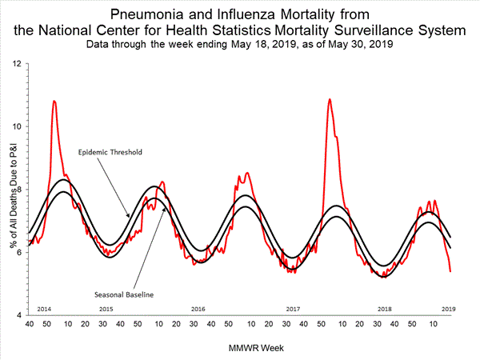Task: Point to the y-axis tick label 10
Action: point(18,126)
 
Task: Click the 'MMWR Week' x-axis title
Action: point(241,348)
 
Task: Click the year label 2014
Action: point(45,309)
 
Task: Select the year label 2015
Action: point(106,309)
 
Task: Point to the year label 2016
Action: point(198,309)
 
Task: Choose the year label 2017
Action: point(292,309)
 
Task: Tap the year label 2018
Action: point(385,309)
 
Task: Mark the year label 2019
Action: point(449,309)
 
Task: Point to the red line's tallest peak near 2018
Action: point(330,99)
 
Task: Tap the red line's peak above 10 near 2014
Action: point(54,101)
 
